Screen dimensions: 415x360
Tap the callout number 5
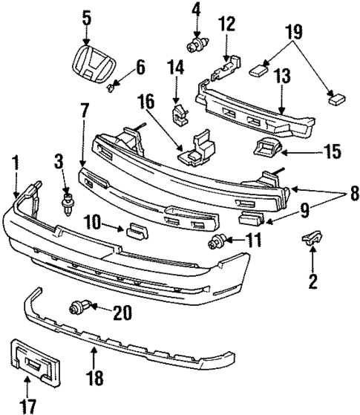coord(87,17)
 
